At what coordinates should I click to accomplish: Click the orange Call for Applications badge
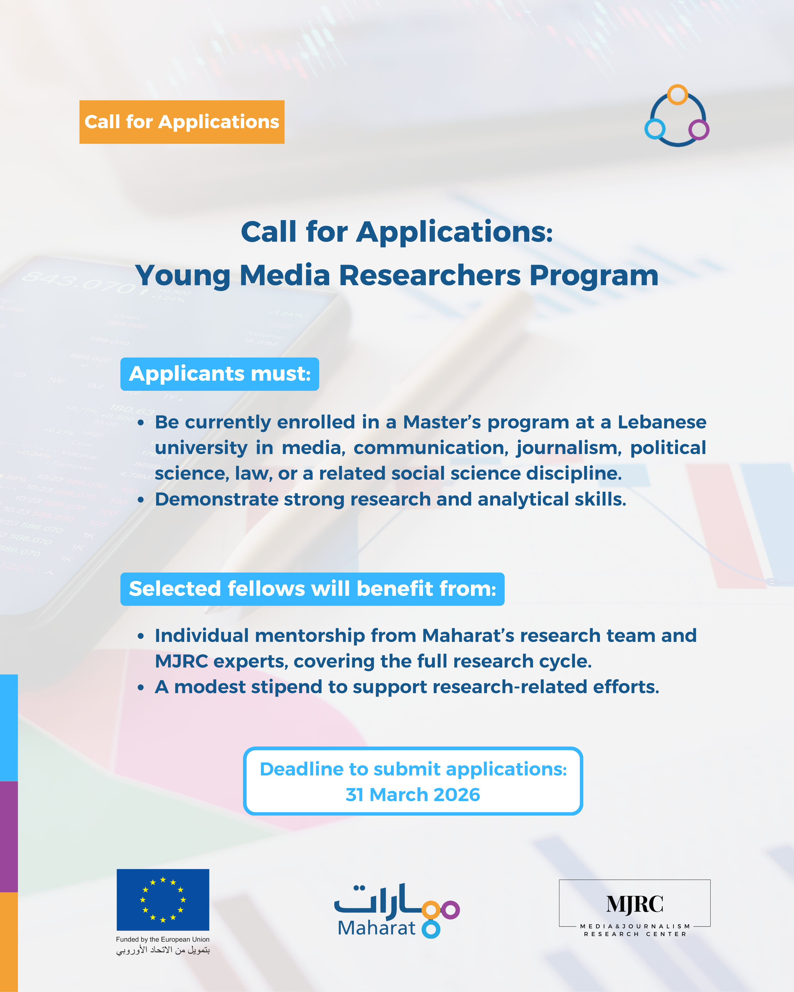182,122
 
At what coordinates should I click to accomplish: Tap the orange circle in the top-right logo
678,95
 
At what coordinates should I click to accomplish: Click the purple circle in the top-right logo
699,130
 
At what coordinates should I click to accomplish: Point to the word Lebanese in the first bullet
662,422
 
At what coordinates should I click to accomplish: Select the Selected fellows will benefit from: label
312,589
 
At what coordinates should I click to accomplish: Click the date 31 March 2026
413,795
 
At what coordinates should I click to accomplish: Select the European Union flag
163,900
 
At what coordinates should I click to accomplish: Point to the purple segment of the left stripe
9,837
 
